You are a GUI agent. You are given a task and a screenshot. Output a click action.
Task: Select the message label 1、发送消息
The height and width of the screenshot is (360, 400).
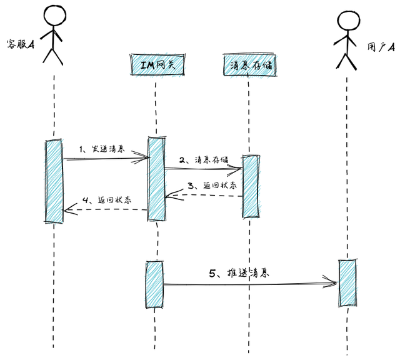click(x=102, y=150)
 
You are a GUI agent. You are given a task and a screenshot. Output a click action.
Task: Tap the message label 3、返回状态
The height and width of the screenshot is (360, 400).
click(x=212, y=186)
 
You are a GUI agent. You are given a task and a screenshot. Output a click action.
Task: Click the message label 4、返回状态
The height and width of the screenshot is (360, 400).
click(x=106, y=201)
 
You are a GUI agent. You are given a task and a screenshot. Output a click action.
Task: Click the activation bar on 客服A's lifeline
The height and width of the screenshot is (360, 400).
click(x=54, y=181)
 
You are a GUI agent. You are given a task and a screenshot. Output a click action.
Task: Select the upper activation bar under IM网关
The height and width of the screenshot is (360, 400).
click(x=156, y=179)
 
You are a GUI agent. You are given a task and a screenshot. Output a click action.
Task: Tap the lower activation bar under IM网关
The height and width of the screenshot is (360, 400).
click(x=154, y=284)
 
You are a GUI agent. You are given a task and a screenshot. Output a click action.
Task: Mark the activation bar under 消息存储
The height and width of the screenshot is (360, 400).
click(x=250, y=186)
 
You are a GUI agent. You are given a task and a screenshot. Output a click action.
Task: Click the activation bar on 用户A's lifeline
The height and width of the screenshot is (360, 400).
click(x=347, y=283)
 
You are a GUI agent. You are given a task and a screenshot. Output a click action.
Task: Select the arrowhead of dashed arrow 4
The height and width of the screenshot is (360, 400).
click(x=67, y=211)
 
